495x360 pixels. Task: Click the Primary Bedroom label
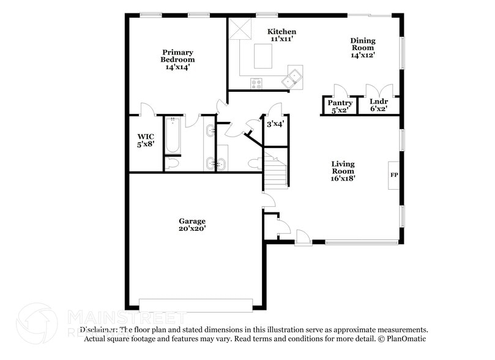click(177, 56)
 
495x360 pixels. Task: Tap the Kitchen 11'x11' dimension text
click(283, 39)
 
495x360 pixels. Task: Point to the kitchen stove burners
click(256, 83)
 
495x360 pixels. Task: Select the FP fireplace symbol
click(394, 176)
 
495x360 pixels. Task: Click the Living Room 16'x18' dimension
click(343, 179)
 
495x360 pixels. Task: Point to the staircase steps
click(276, 171)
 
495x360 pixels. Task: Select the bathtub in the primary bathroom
click(173, 135)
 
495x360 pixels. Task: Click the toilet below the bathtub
click(172, 163)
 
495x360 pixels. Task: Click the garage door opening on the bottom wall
click(196, 304)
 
